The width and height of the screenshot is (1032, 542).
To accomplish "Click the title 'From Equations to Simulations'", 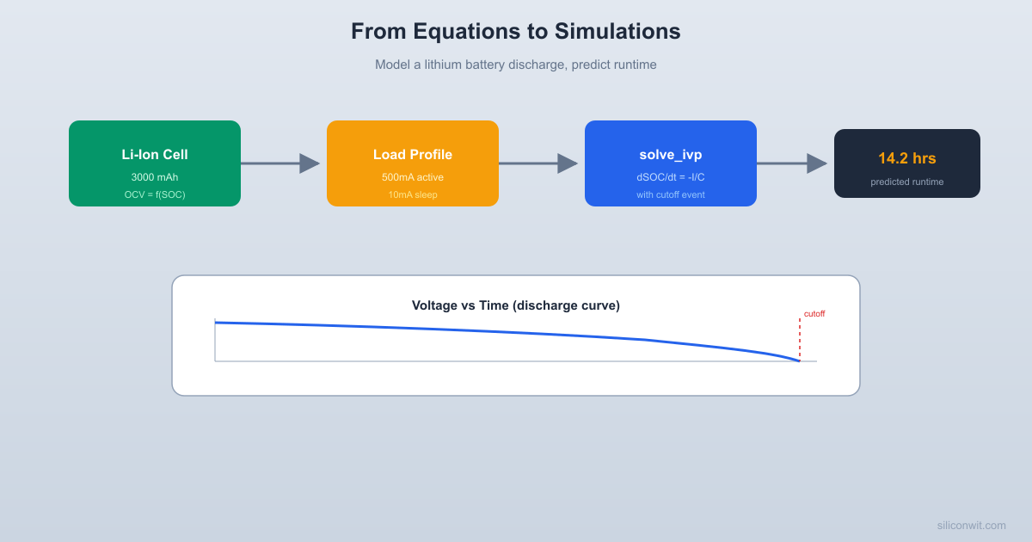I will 515,31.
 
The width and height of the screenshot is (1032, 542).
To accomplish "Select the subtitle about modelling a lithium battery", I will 515,65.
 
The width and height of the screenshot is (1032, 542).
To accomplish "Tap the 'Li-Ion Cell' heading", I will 155,155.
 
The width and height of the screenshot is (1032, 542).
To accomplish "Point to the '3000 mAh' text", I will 155,177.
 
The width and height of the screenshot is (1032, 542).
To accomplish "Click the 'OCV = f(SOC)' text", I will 155,194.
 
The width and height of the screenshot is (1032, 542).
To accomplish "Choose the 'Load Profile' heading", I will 413,155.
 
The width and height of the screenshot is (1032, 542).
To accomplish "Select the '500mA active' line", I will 413,177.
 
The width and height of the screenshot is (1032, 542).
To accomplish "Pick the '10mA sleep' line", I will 413,194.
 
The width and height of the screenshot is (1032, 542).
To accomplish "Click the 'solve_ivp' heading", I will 671,155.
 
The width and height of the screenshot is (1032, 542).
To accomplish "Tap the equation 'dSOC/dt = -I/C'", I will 671,177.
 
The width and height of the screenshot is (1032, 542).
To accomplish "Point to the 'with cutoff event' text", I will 671,194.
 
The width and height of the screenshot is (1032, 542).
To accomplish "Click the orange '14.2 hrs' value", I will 907,158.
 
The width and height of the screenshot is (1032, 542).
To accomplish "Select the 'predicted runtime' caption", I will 907,182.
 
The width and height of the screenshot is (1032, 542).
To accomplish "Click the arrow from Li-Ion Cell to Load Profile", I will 280,163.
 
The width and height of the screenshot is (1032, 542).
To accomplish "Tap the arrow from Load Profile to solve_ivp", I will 538,163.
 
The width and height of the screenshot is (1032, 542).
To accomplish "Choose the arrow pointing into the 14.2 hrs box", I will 792,163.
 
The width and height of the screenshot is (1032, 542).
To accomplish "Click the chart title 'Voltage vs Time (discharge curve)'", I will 515,305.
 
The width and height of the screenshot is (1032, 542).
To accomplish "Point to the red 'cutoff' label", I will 814,314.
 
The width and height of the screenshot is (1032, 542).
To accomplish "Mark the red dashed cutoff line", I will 800,340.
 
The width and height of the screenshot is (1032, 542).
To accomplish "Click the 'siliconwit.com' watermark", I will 971,525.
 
